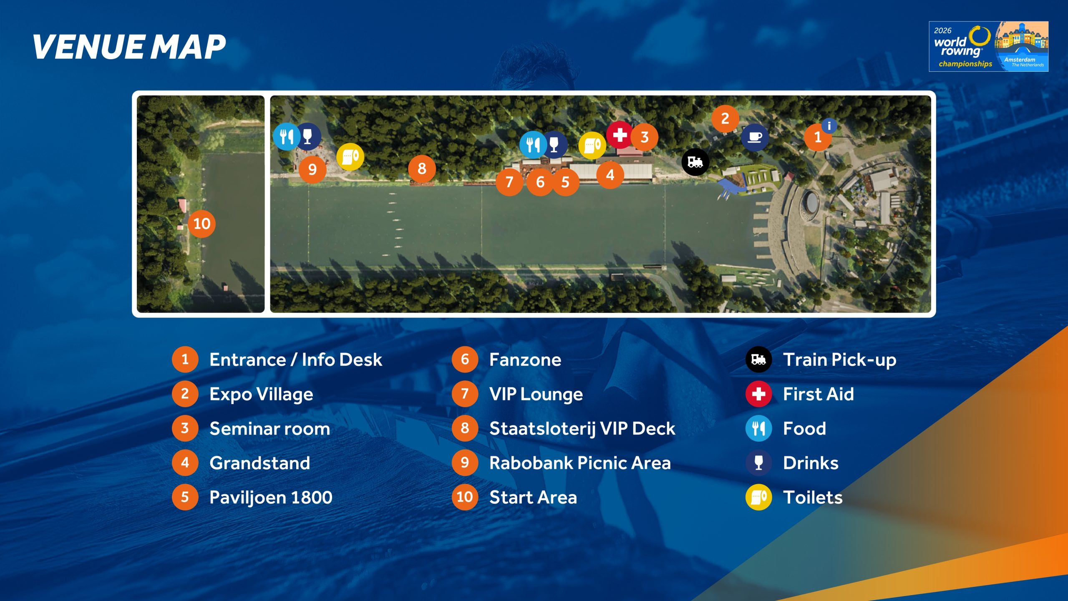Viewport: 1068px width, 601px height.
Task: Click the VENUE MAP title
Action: (129, 47)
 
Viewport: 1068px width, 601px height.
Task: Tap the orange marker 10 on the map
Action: (202, 224)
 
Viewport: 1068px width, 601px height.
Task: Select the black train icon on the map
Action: (695, 162)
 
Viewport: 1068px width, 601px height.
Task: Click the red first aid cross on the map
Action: (620, 135)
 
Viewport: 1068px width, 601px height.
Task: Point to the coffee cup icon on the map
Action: (755, 137)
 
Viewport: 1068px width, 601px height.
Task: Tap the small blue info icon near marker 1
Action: (829, 126)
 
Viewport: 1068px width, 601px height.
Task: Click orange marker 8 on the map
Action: (422, 169)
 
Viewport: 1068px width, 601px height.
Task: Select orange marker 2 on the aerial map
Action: (725, 119)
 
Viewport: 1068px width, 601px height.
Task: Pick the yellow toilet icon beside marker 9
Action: (350, 157)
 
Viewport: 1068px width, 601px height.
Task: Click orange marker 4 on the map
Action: (610, 175)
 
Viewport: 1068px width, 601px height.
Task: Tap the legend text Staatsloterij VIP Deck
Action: (582, 429)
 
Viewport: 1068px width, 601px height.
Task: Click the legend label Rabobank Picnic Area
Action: (580, 463)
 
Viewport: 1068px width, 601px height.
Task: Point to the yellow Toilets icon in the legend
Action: (758, 497)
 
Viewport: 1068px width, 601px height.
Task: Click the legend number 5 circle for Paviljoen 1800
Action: (185, 497)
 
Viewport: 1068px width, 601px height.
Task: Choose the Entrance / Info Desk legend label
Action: (295, 360)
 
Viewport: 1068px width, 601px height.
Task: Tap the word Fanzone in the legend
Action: (525, 360)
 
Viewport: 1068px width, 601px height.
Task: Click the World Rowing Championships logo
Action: (988, 46)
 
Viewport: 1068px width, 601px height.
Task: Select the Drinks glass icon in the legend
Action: (758, 463)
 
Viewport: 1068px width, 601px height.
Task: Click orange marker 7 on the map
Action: (509, 182)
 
